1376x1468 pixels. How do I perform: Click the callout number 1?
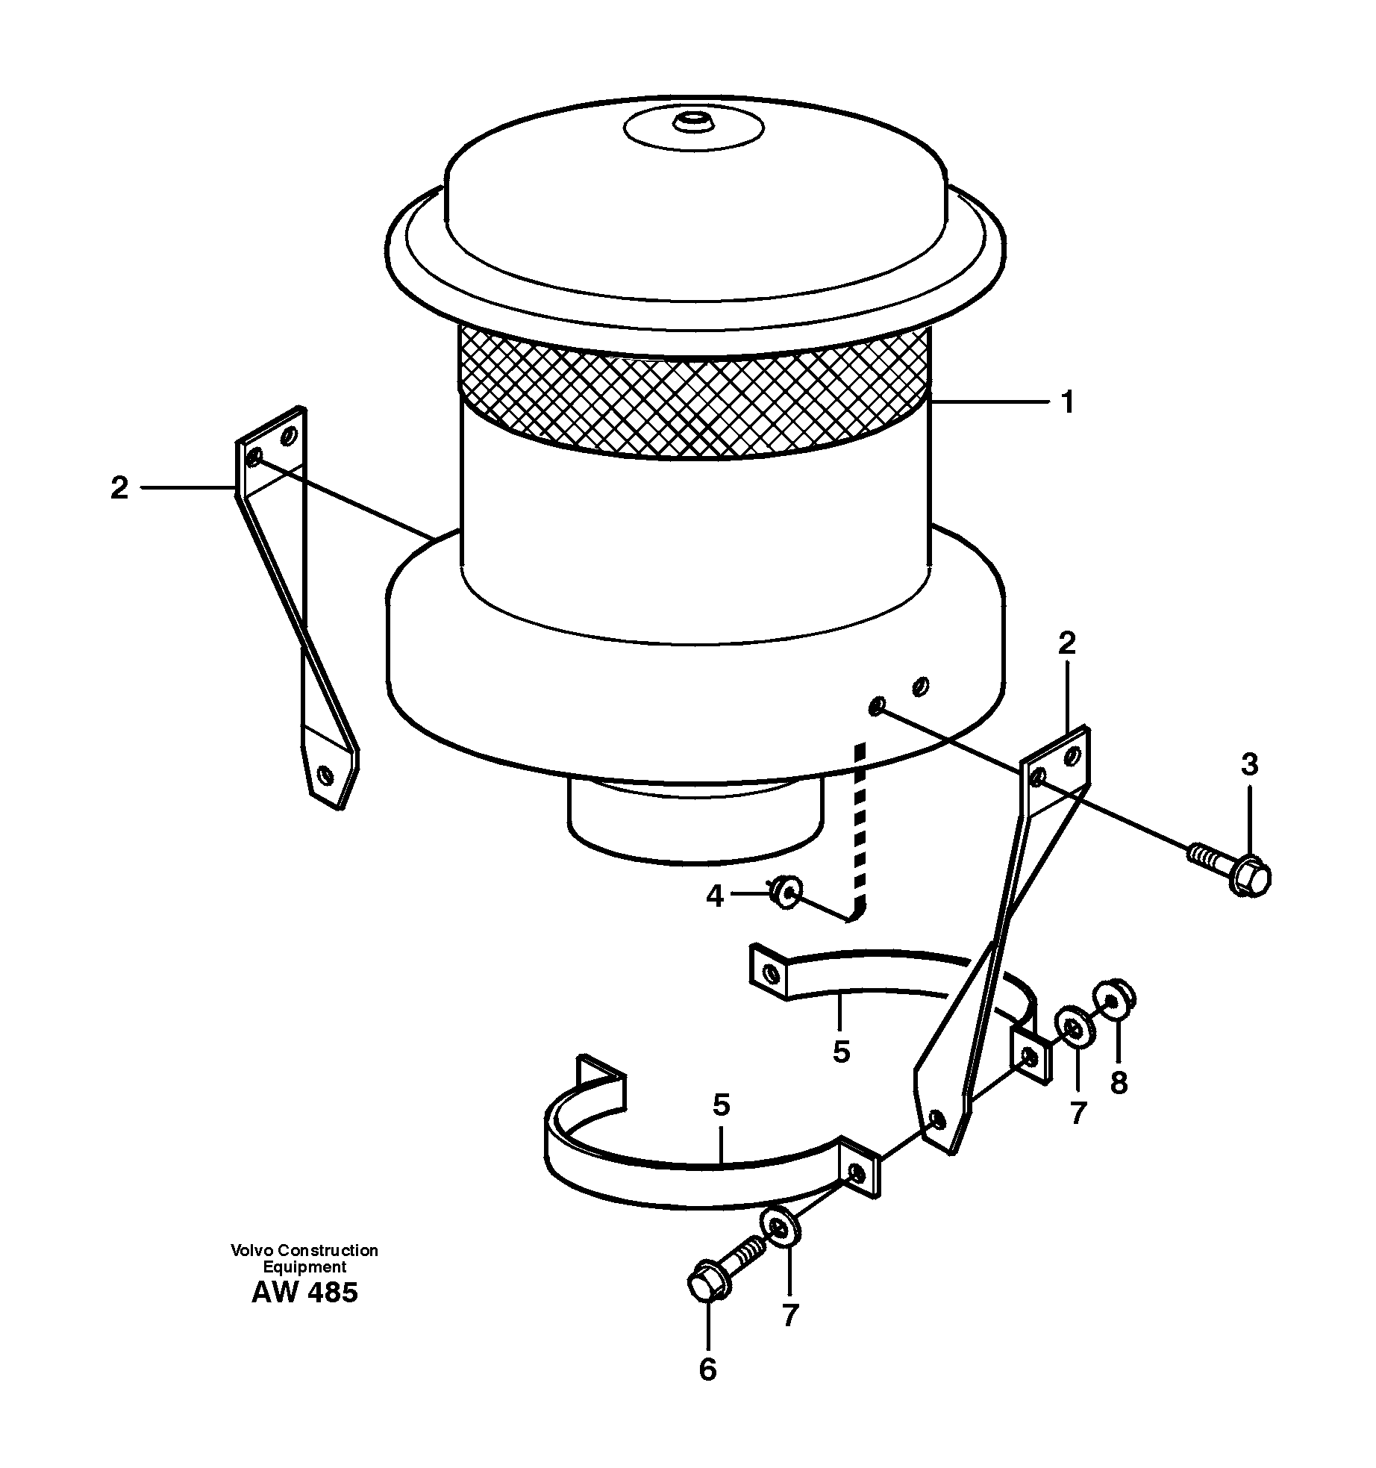pyautogui.click(x=1067, y=404)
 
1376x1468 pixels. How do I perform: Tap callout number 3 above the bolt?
pyautogui.click(x=1249, y=765)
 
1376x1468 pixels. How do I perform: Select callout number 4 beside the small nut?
pyautogui.click(x=715, y=896)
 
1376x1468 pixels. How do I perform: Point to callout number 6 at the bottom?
pyautogui.click(x=707, y=1369)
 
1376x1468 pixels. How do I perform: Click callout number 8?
pyautogui.click(x=1118, y=1083)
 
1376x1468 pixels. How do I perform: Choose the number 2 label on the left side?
pyautogui.click(x=119, y=489)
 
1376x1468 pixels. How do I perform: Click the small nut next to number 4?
pyautogui.click(x=786, y=892)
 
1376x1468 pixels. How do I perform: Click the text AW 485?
pyautogui.click(x=304, y=1292)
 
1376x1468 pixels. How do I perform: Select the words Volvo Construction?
pyautogui.click(x=304, y=1250)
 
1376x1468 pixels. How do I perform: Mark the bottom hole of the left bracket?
pyautogui.click(x=324, y=775)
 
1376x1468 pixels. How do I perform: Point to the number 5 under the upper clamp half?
pyautogui.click(x=841, y=1052)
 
